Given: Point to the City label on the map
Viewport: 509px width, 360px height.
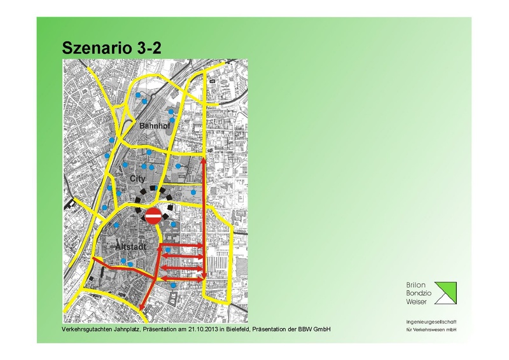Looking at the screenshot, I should [138, 179].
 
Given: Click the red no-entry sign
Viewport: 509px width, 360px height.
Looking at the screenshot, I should [154, 216].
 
